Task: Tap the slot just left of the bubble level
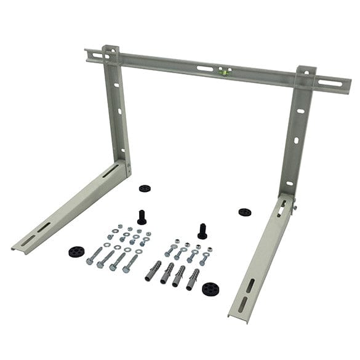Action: click(206, 68)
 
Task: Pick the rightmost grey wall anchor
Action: click(193, 278)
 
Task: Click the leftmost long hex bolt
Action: click(94, 256)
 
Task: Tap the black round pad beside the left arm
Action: click(76, 252)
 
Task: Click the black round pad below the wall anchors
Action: click(211, 289)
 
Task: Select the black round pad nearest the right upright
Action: click(244, 212)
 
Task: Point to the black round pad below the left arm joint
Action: click(145, 188)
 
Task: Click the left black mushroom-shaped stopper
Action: click(142, 217)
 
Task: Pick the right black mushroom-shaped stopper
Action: click(202, 231)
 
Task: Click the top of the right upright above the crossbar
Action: click(306, 71)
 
